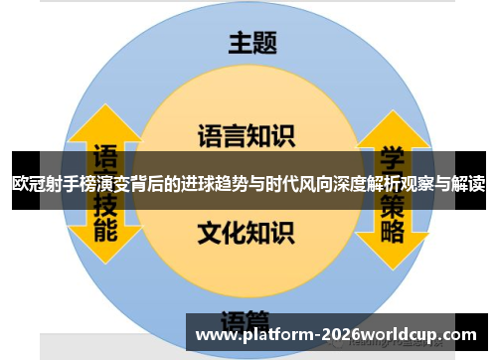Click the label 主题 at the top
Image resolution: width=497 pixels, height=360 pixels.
point(252,43)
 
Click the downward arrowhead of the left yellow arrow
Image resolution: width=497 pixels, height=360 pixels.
point(104,254)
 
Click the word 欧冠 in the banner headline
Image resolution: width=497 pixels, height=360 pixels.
point(30,183)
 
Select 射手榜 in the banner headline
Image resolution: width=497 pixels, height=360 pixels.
point(75,183)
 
